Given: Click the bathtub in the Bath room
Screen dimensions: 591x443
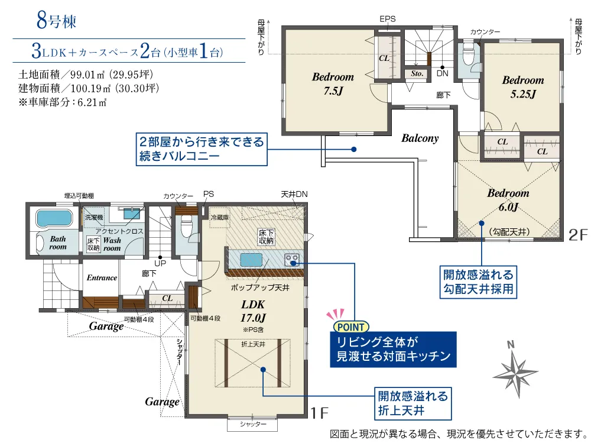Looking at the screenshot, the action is click(54, 218).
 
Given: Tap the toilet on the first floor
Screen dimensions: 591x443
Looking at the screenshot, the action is click(187, 226).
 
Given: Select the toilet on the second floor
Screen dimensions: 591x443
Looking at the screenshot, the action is click(467, 54).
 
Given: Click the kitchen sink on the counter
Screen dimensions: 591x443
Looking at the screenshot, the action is click(251, 260).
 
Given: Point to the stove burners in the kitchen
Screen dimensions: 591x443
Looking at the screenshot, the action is click(292, 260).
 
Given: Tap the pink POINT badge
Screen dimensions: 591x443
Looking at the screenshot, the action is click(351, 326).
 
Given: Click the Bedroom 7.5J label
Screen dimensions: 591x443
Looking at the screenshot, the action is click(333, 84).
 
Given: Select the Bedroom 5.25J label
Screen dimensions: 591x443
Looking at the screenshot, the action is click(523, 87).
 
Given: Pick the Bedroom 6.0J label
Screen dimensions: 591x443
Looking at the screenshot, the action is click(508, 200).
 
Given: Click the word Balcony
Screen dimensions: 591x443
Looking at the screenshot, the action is click(420, 138).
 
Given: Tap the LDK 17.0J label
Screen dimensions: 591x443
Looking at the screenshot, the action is click(253, 311).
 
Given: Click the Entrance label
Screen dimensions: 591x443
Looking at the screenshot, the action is click(102, 278).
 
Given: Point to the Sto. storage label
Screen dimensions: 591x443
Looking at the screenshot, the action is click(417, 73).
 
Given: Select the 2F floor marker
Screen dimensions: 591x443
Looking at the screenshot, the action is click(578, 235).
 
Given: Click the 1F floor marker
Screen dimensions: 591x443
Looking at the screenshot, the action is click(319, 413).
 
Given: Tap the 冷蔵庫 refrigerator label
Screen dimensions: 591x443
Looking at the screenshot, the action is click(220, 217).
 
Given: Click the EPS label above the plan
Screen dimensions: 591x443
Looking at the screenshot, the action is click(388, 19).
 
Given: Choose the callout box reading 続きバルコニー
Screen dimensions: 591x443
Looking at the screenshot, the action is click(202, 149).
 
